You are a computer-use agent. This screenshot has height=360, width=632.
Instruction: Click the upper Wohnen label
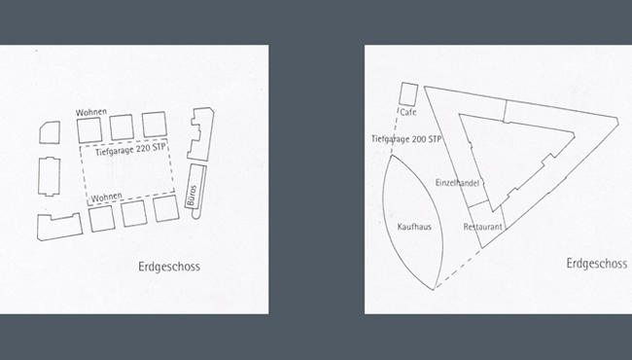click(x=91, y=112)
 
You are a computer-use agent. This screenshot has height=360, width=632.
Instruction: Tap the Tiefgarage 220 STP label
click(x=130, y=149)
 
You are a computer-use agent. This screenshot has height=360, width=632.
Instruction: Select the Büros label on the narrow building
click(x=192, y=196)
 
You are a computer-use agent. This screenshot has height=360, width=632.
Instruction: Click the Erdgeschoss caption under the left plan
click(x=169, y=267)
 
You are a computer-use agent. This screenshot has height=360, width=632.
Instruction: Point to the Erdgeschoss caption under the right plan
click(x=597, y=264)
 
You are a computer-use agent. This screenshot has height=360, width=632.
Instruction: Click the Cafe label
click(x=408, y=112)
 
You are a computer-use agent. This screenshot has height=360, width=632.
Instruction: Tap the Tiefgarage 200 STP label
click(x=406, y=139)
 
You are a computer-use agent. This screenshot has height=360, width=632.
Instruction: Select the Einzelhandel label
click(x=457, y=183)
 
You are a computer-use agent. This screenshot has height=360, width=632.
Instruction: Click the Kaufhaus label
click(x=414, y=227)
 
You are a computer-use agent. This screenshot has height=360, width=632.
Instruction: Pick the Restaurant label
click(x=483, y=227)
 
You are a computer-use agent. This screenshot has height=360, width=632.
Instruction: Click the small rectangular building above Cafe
click(x=408, y=94)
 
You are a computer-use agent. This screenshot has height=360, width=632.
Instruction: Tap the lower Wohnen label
click(x=106, y=198)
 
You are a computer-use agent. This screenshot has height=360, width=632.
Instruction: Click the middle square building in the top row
click(x=122, y=127)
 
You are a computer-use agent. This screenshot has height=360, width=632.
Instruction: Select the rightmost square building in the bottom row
click(x=165, y=208)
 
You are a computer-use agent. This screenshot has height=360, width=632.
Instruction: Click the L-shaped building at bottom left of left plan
click(x=59, y=227)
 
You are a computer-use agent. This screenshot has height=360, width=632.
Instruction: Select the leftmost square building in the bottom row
click(x=101, y=218)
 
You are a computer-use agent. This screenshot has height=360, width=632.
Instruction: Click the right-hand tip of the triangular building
click(x=618, y=120)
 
